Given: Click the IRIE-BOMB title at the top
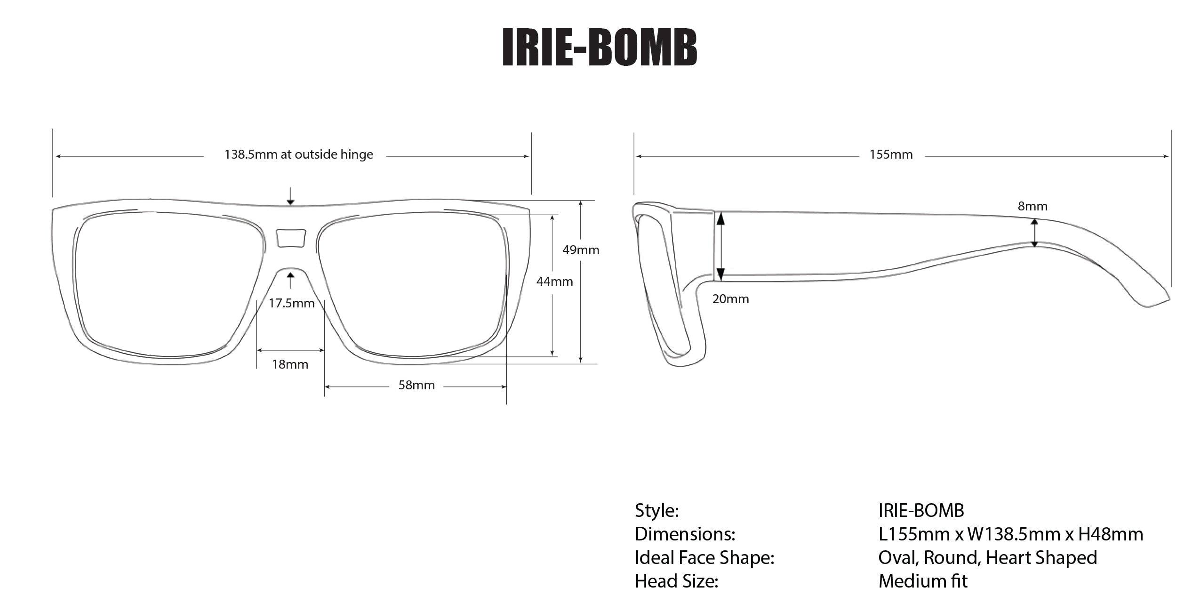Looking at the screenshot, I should click(599, 47).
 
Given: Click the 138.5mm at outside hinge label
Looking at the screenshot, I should click(298, 154).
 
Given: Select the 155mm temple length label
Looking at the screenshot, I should click(890, 154).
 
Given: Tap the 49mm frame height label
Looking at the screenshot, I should click(581, 250).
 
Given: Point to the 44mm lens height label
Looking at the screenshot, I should click(554, 282).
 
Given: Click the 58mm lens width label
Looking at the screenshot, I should click(416, 385).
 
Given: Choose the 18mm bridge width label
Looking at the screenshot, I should click(290, 364).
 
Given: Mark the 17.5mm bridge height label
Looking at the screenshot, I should click(291, 303).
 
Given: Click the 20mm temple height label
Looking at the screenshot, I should click(730, 299).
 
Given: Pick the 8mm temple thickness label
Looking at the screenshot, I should click(1032, 206).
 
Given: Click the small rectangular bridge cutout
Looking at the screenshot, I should click(290, 238).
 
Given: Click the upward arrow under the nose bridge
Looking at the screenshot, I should click(290, 280).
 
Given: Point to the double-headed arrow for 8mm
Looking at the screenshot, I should click(1034, 233).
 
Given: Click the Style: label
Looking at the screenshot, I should click(656, 510).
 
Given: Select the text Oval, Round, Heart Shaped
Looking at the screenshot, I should click(987, 557).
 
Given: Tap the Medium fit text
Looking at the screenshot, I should click(922, 581).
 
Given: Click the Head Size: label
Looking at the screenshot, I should click(676, 581).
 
